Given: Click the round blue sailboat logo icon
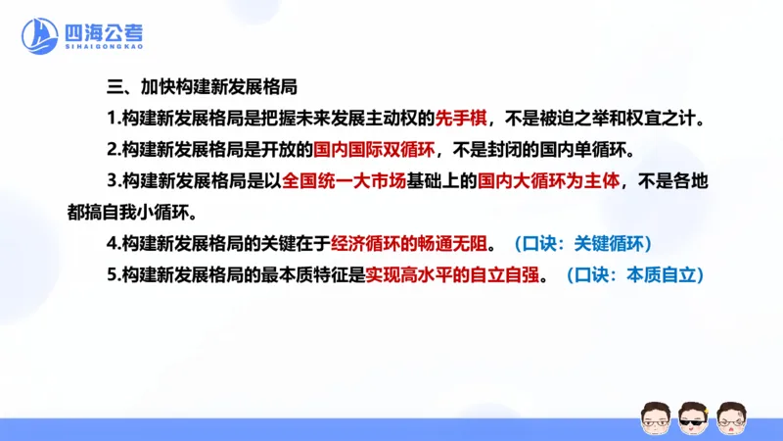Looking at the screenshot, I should tap(40, 36).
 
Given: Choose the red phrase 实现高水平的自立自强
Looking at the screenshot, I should tap(453, 275).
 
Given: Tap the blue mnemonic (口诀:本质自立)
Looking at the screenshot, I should tap(637, 275).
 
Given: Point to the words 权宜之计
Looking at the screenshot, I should tap(669, 119).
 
